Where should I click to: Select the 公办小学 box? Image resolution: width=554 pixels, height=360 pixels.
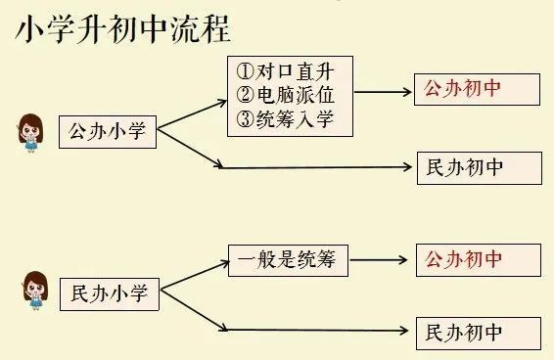[107, 132]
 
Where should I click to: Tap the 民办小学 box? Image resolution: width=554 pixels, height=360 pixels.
[109, 292]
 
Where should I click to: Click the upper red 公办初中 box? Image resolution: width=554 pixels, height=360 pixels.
[477, 89]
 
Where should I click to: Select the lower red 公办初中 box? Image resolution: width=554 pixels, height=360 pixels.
[477, 259]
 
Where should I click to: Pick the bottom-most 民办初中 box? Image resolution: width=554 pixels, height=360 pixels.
[478, 332]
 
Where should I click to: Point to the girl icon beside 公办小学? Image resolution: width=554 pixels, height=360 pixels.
[28, 133]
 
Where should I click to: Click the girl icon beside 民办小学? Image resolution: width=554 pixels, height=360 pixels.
[32, 290]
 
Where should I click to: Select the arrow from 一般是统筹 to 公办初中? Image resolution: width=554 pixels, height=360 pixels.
[378, 260]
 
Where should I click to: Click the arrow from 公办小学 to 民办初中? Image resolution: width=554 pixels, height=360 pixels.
[294, 167]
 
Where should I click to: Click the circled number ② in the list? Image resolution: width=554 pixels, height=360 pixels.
[246, 95]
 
